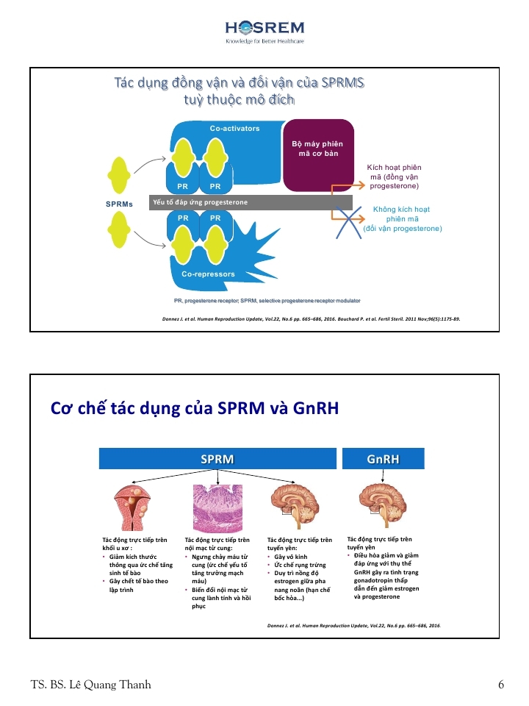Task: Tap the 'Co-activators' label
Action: (x=234, y=129)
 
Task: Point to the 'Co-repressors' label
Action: (x=208, y=274)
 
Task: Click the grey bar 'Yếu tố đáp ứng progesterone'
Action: (x=251, y=202)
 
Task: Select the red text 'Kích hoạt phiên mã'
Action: (x=394, y=177)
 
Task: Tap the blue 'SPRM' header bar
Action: (x=217, y=460)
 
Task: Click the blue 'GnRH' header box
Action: (x=384, y=460)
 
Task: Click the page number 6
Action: (x=500, y=685)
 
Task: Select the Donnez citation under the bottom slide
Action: (x=356, y=625)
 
